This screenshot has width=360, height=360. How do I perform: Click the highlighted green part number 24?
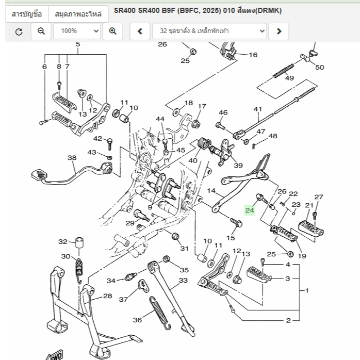click(x=250, y=210)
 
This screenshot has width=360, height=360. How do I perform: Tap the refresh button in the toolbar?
click(x=19, y=31)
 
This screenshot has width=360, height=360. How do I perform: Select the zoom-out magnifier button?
click(x=41, y=31)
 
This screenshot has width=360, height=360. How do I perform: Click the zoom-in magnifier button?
click(x=112, y=31)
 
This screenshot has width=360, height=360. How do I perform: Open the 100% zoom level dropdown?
click(x=77, y=31)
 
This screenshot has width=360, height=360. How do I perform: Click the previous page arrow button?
click(x=139, y=31)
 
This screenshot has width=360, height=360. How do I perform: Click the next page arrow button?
click(x=279, y=31)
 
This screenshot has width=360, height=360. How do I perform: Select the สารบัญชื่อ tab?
click(x=27, y=13)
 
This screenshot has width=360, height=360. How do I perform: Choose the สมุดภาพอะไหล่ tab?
click(x=78, y=13)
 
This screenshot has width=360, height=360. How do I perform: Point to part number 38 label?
click(x=72, y=158)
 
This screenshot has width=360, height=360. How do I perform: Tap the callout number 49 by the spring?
click(x=289, y=78)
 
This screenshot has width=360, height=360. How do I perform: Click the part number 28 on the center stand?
click(x=107, y=296)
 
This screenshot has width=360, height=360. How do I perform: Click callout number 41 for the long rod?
click(x=258, y=109)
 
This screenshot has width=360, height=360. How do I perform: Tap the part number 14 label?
click(x=211, y=191)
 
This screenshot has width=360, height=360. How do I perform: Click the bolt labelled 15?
click(x=236, y=223)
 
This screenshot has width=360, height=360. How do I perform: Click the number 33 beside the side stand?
click(x=183, y=281)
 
